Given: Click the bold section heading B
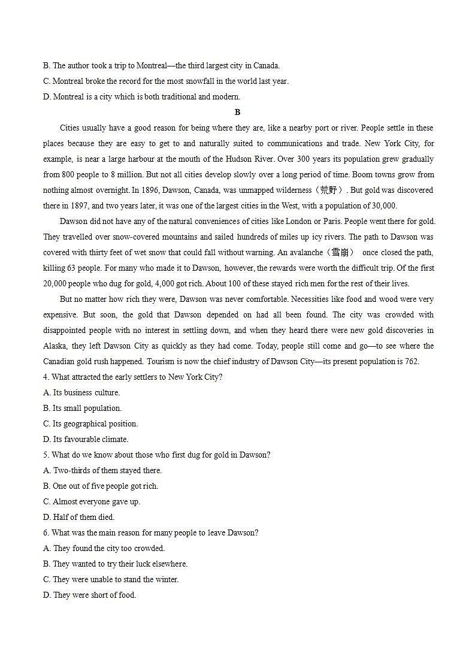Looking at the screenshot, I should tap(237, 112).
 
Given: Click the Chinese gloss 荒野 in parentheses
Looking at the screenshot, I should tap(328, 190).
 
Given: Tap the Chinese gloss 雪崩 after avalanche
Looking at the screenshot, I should tap(343, 253).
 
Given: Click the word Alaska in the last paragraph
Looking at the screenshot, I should tap(55, 346).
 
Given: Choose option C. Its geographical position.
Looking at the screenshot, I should tap(90, 424).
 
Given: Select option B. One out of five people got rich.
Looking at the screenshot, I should tap(101, 486).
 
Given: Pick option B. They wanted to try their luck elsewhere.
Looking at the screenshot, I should tap(115, 564).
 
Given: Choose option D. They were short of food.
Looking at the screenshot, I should tap(89, 595).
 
